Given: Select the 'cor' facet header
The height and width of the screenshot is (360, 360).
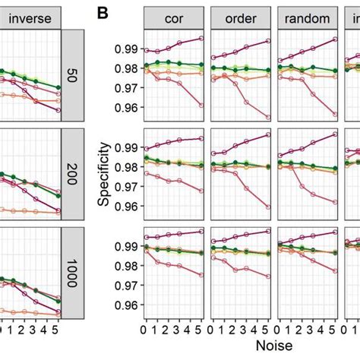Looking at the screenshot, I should [x=172, y=17].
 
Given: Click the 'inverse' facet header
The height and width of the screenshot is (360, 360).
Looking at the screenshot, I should [x=30, y=17].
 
